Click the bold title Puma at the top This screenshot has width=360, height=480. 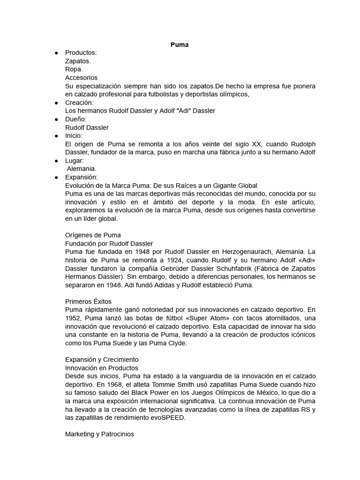[x=180, y=45]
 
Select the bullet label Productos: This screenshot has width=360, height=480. [x=81, y=53]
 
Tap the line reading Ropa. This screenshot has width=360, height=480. [x=74, y=69]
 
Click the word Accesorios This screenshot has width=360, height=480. [x=82, y=78]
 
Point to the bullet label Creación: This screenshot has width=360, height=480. [x=79, y=102]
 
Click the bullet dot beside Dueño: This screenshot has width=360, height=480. [x=56, y=119]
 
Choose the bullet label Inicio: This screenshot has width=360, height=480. [x=74, y=135]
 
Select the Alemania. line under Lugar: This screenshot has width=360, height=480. [x=82, y=169]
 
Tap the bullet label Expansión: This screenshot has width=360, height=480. [x=82, y=177]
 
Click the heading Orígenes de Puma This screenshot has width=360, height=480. [x=93, y=235]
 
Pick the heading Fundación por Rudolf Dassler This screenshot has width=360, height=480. [x=109, y=243]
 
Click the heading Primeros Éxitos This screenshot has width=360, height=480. [x=89, y=301]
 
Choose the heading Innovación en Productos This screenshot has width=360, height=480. [x=102, y=368]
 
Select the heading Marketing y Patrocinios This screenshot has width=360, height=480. [x=99, y=434]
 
